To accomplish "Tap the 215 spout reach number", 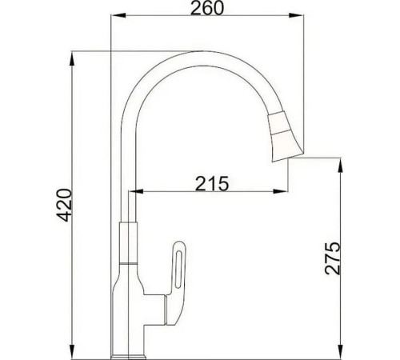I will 211,183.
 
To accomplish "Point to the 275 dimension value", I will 334,258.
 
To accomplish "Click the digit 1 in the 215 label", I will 211,183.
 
